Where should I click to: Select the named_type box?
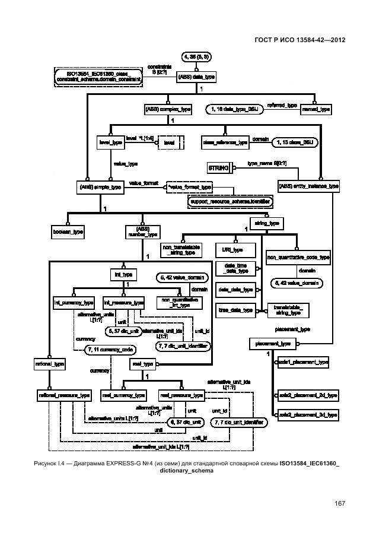[316, 109]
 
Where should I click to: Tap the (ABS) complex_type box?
[168, 109]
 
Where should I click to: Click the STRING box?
[218, 169]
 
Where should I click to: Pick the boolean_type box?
[68, 232]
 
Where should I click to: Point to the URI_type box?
[234, 250]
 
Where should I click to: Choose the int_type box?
[123, 274]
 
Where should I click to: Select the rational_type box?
[49, 363]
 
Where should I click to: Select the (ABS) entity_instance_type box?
[308, 186]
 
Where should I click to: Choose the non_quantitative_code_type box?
[298, 257]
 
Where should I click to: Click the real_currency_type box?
[123, 395]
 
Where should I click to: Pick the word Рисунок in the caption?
[58, 463]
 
